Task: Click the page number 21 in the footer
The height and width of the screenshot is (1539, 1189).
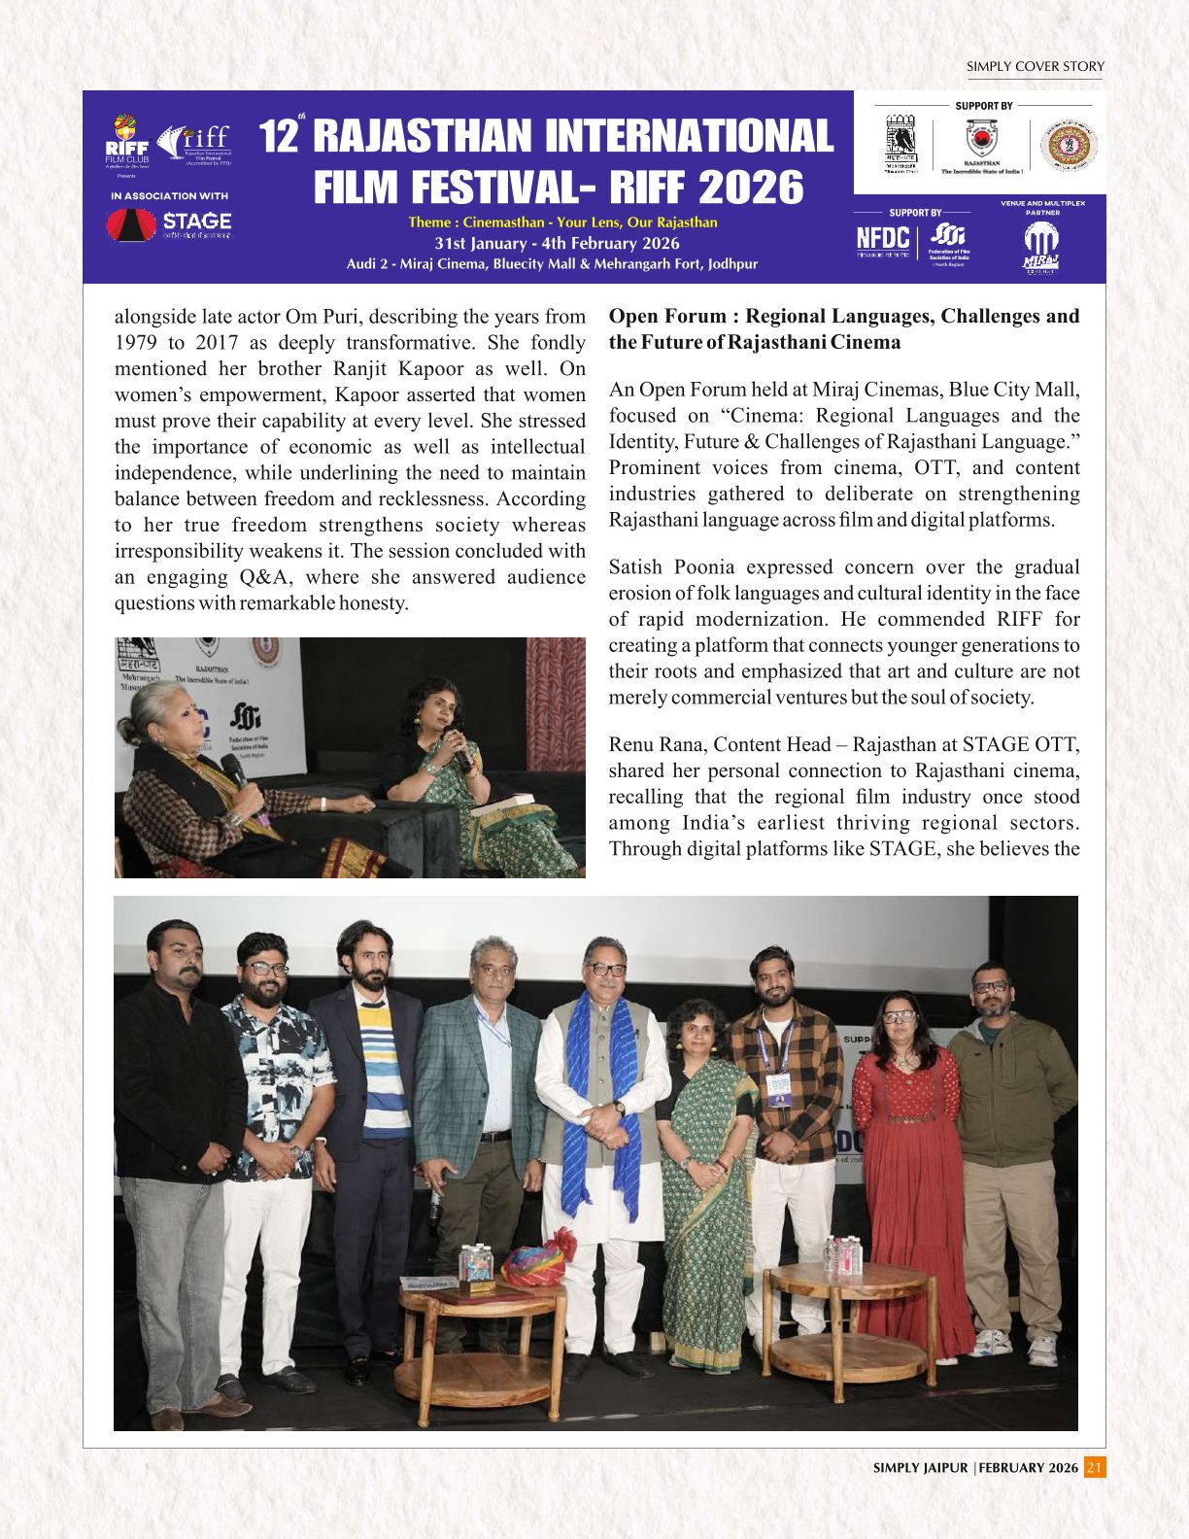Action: (x=1095, y=1467)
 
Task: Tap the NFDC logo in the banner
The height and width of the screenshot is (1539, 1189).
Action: (x=883, y=239)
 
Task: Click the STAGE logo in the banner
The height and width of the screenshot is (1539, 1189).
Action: (x=170, y=225)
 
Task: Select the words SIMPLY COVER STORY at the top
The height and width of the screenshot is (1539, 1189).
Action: (x=1035, y=67)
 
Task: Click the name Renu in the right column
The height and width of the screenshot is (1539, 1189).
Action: (x=632, y=745)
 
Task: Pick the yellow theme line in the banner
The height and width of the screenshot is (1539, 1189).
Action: (x=562, y=222)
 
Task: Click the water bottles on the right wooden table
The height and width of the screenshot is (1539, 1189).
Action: (x=842, y=1254)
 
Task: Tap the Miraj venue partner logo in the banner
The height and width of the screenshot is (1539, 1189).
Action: (x=1040, y=249)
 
